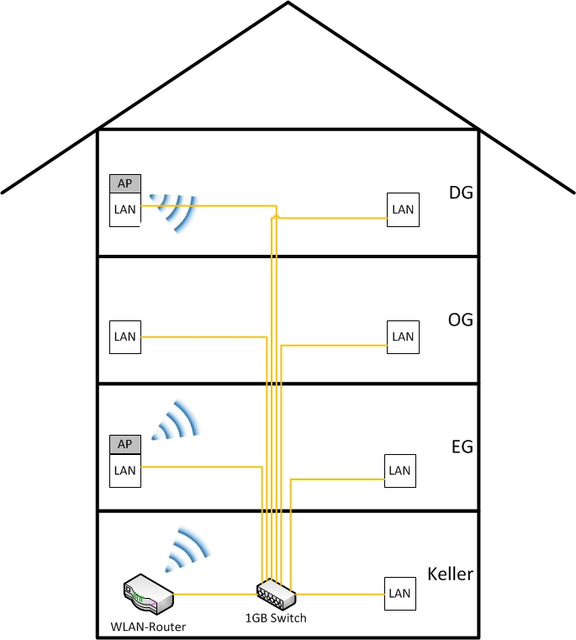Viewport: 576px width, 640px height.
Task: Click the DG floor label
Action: pos(461,193)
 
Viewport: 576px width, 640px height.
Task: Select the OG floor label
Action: pos(461,320)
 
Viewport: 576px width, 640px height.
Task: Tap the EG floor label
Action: pos(462,447)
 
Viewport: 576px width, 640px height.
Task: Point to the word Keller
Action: pos(450,575)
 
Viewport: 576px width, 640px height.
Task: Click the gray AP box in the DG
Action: pos(124,183)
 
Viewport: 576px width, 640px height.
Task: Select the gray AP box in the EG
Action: pos(124,444)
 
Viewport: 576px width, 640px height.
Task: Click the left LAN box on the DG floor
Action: pos(124,209)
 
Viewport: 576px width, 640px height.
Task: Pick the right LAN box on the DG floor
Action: pos(403,209)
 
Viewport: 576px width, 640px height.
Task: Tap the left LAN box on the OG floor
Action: pos(124,336)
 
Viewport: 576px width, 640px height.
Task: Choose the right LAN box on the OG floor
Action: pos(403,336)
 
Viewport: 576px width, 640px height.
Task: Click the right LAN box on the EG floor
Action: pos(399,470)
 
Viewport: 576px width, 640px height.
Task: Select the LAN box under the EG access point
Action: pos(124,470)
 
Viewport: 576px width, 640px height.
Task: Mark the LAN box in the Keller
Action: pos(399,593)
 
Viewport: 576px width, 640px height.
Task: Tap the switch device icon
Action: pos(277,594)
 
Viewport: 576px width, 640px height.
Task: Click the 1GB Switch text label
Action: pos(276,618)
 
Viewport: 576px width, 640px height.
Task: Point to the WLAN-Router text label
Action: pos(148,627)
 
